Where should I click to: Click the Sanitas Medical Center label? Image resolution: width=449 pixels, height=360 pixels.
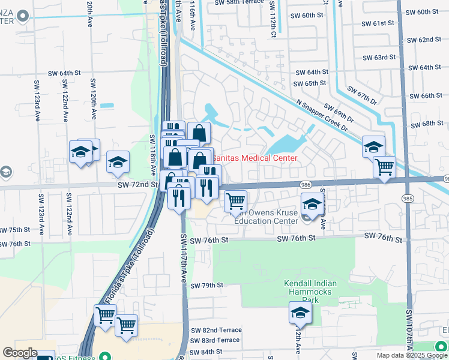(x=255, y=158)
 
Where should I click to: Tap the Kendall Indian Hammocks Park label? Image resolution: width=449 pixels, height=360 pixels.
(x=310, y=292)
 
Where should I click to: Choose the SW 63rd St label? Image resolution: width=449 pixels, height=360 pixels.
(x=379, y=58)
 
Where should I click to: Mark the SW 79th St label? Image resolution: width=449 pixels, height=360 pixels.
(x=206, y=285)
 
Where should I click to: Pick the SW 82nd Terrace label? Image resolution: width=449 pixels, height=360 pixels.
(x=216, y=330)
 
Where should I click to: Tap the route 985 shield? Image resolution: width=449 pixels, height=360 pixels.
(x=409, y=199)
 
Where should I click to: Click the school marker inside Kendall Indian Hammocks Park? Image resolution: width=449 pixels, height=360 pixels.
(x=300, y=313)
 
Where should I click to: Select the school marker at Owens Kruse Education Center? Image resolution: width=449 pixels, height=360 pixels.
(x=311, y=203)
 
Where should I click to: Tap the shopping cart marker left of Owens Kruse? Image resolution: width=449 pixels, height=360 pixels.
(x=236, y=200)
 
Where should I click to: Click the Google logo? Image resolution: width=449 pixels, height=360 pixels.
(x=20, y=353)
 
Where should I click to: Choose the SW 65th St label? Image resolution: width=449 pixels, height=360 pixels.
(x=310, y=83)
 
